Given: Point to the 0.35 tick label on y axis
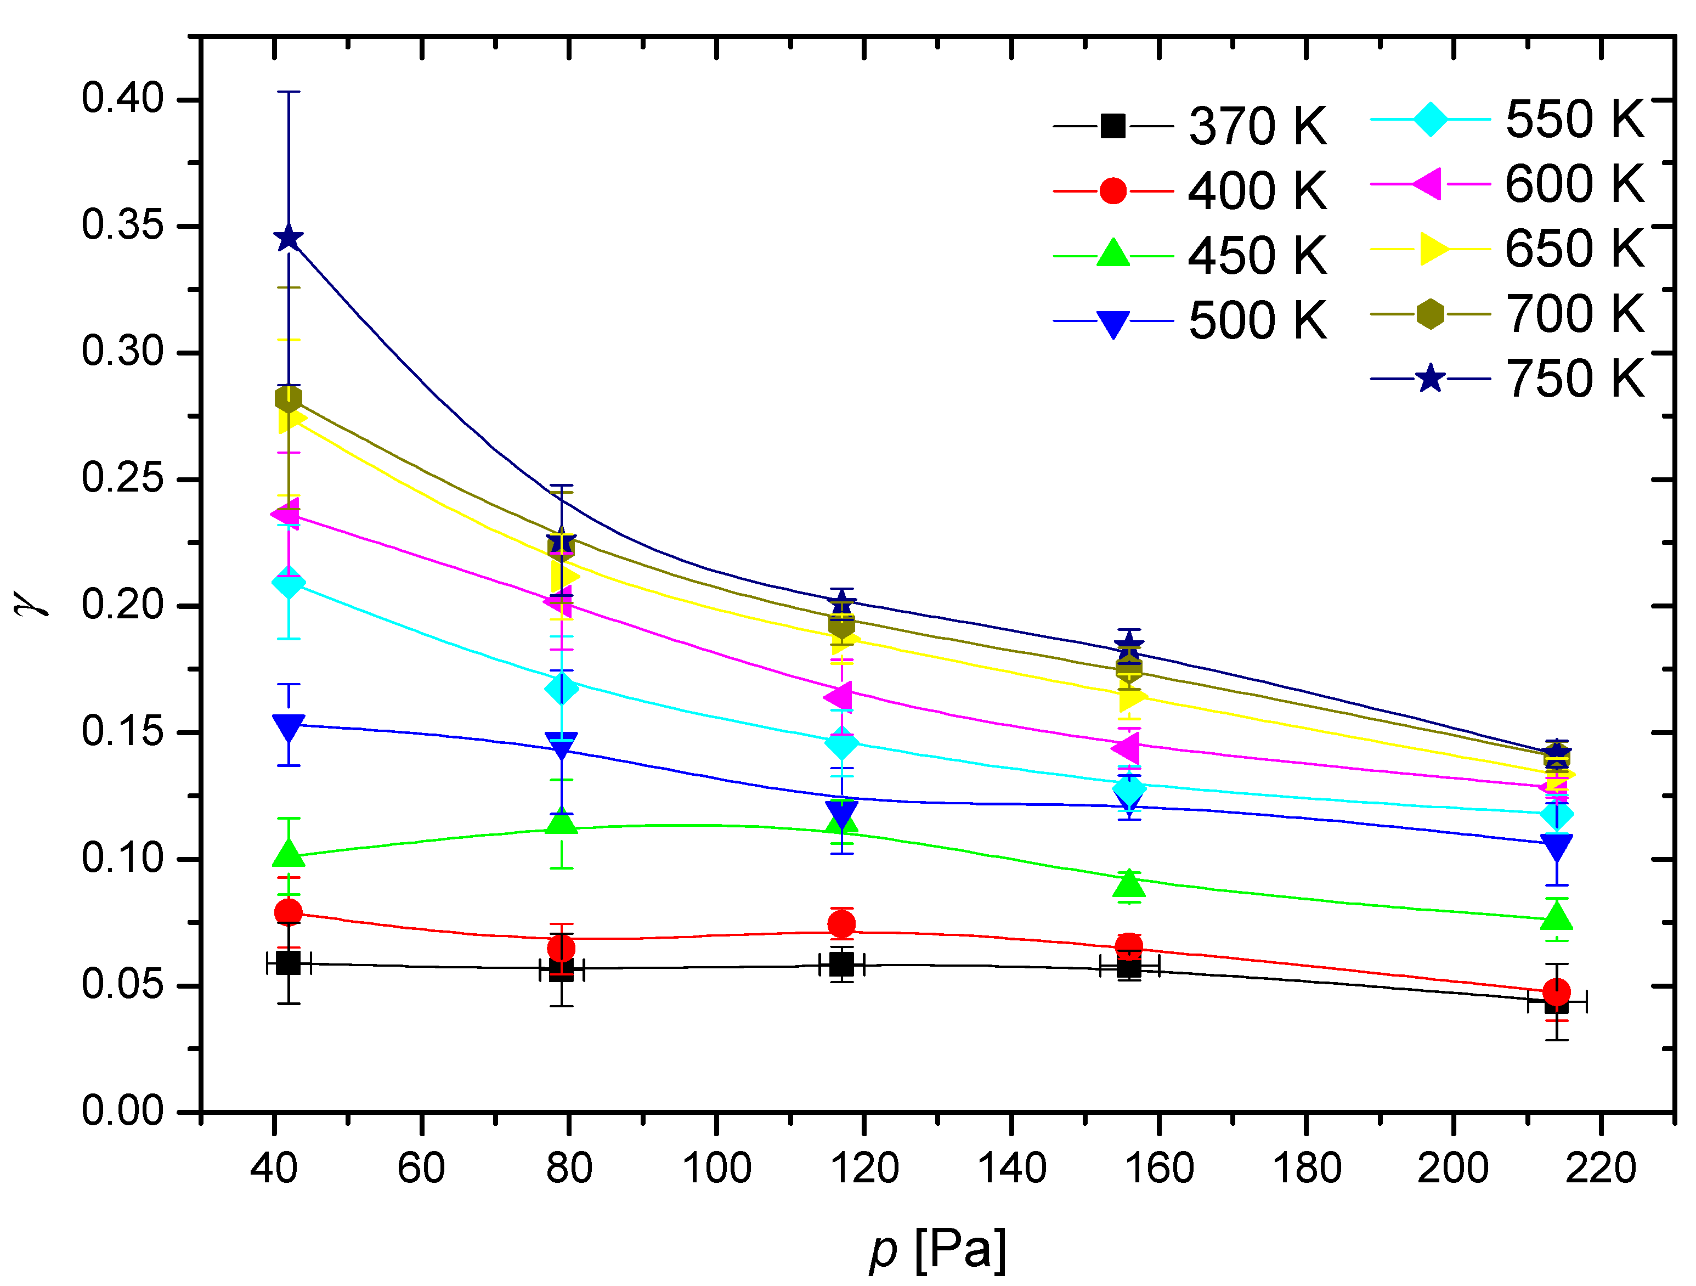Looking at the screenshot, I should (123, 225).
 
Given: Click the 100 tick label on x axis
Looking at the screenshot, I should (716, 1169).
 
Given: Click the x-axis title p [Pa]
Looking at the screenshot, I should (937, 1249).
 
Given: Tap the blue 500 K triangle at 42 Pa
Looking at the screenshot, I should (289, 727).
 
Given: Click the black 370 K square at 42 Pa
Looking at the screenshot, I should (289, 962).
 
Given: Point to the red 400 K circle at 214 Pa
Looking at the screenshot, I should (1557, 991).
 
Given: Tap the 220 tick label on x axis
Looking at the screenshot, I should (1601, 1169).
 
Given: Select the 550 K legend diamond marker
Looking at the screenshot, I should (1430, 120).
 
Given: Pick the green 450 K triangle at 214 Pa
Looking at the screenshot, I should (1557, 916).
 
